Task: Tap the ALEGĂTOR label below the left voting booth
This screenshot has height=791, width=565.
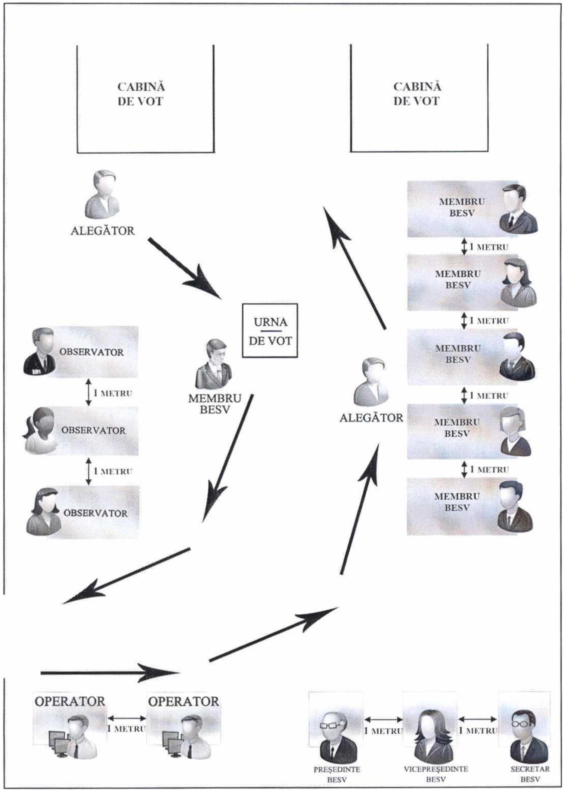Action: click(103, 231)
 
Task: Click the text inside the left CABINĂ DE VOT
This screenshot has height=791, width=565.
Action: click(141, 94)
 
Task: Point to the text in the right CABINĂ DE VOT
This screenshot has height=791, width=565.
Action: click(417, 94)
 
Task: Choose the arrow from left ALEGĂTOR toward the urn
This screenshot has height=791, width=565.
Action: click(185, 268)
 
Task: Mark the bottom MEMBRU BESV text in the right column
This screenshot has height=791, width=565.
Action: click(457, 502)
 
